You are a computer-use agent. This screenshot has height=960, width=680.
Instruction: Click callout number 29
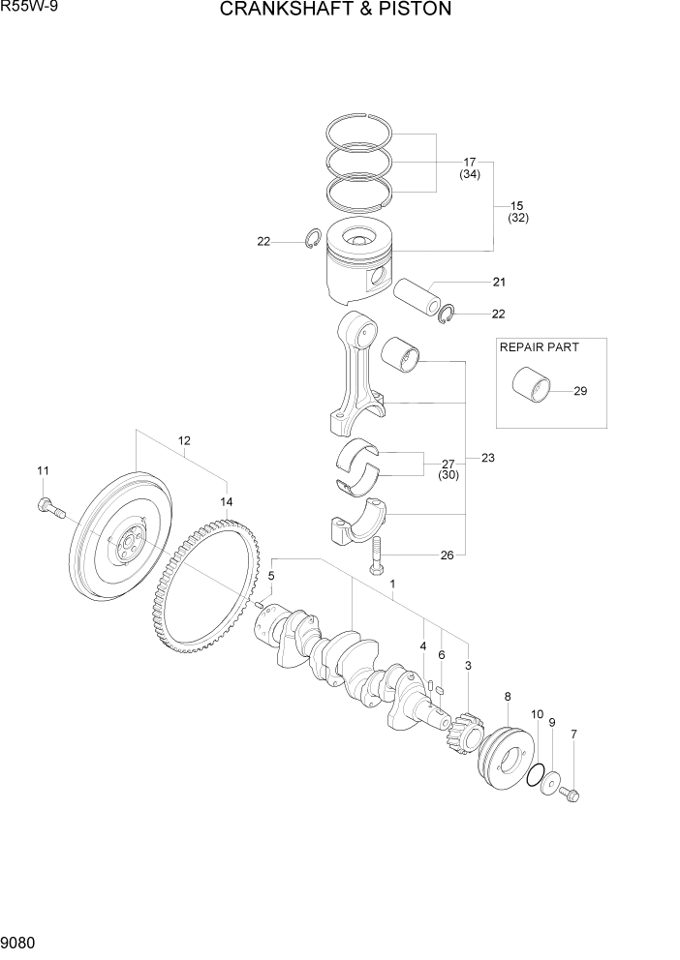click(580, 392)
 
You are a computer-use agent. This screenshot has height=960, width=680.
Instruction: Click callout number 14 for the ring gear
click(227, 501)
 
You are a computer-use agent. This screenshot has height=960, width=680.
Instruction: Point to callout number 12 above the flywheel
click(183, 440)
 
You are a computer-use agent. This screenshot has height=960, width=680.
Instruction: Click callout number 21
click(499, 283)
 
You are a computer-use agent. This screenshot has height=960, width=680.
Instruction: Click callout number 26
click(447, 555)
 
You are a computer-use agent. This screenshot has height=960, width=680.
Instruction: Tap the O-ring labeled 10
click(534, 774)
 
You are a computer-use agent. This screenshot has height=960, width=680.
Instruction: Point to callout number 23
click(487, 458)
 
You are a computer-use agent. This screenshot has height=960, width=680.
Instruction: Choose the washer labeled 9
click(551, 784)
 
